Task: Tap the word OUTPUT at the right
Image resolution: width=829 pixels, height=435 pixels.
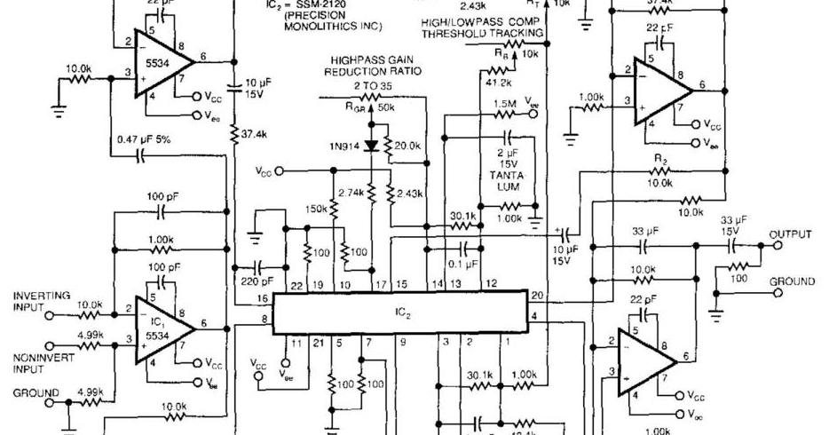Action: click(791, 234)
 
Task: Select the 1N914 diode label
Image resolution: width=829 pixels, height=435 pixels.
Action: click(343, 147)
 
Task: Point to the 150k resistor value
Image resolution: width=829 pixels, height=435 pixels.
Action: click(315, 209)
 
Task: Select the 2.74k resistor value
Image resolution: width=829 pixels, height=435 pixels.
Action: click(352, 192)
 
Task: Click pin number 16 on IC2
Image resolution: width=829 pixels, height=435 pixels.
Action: click(264, 298)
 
